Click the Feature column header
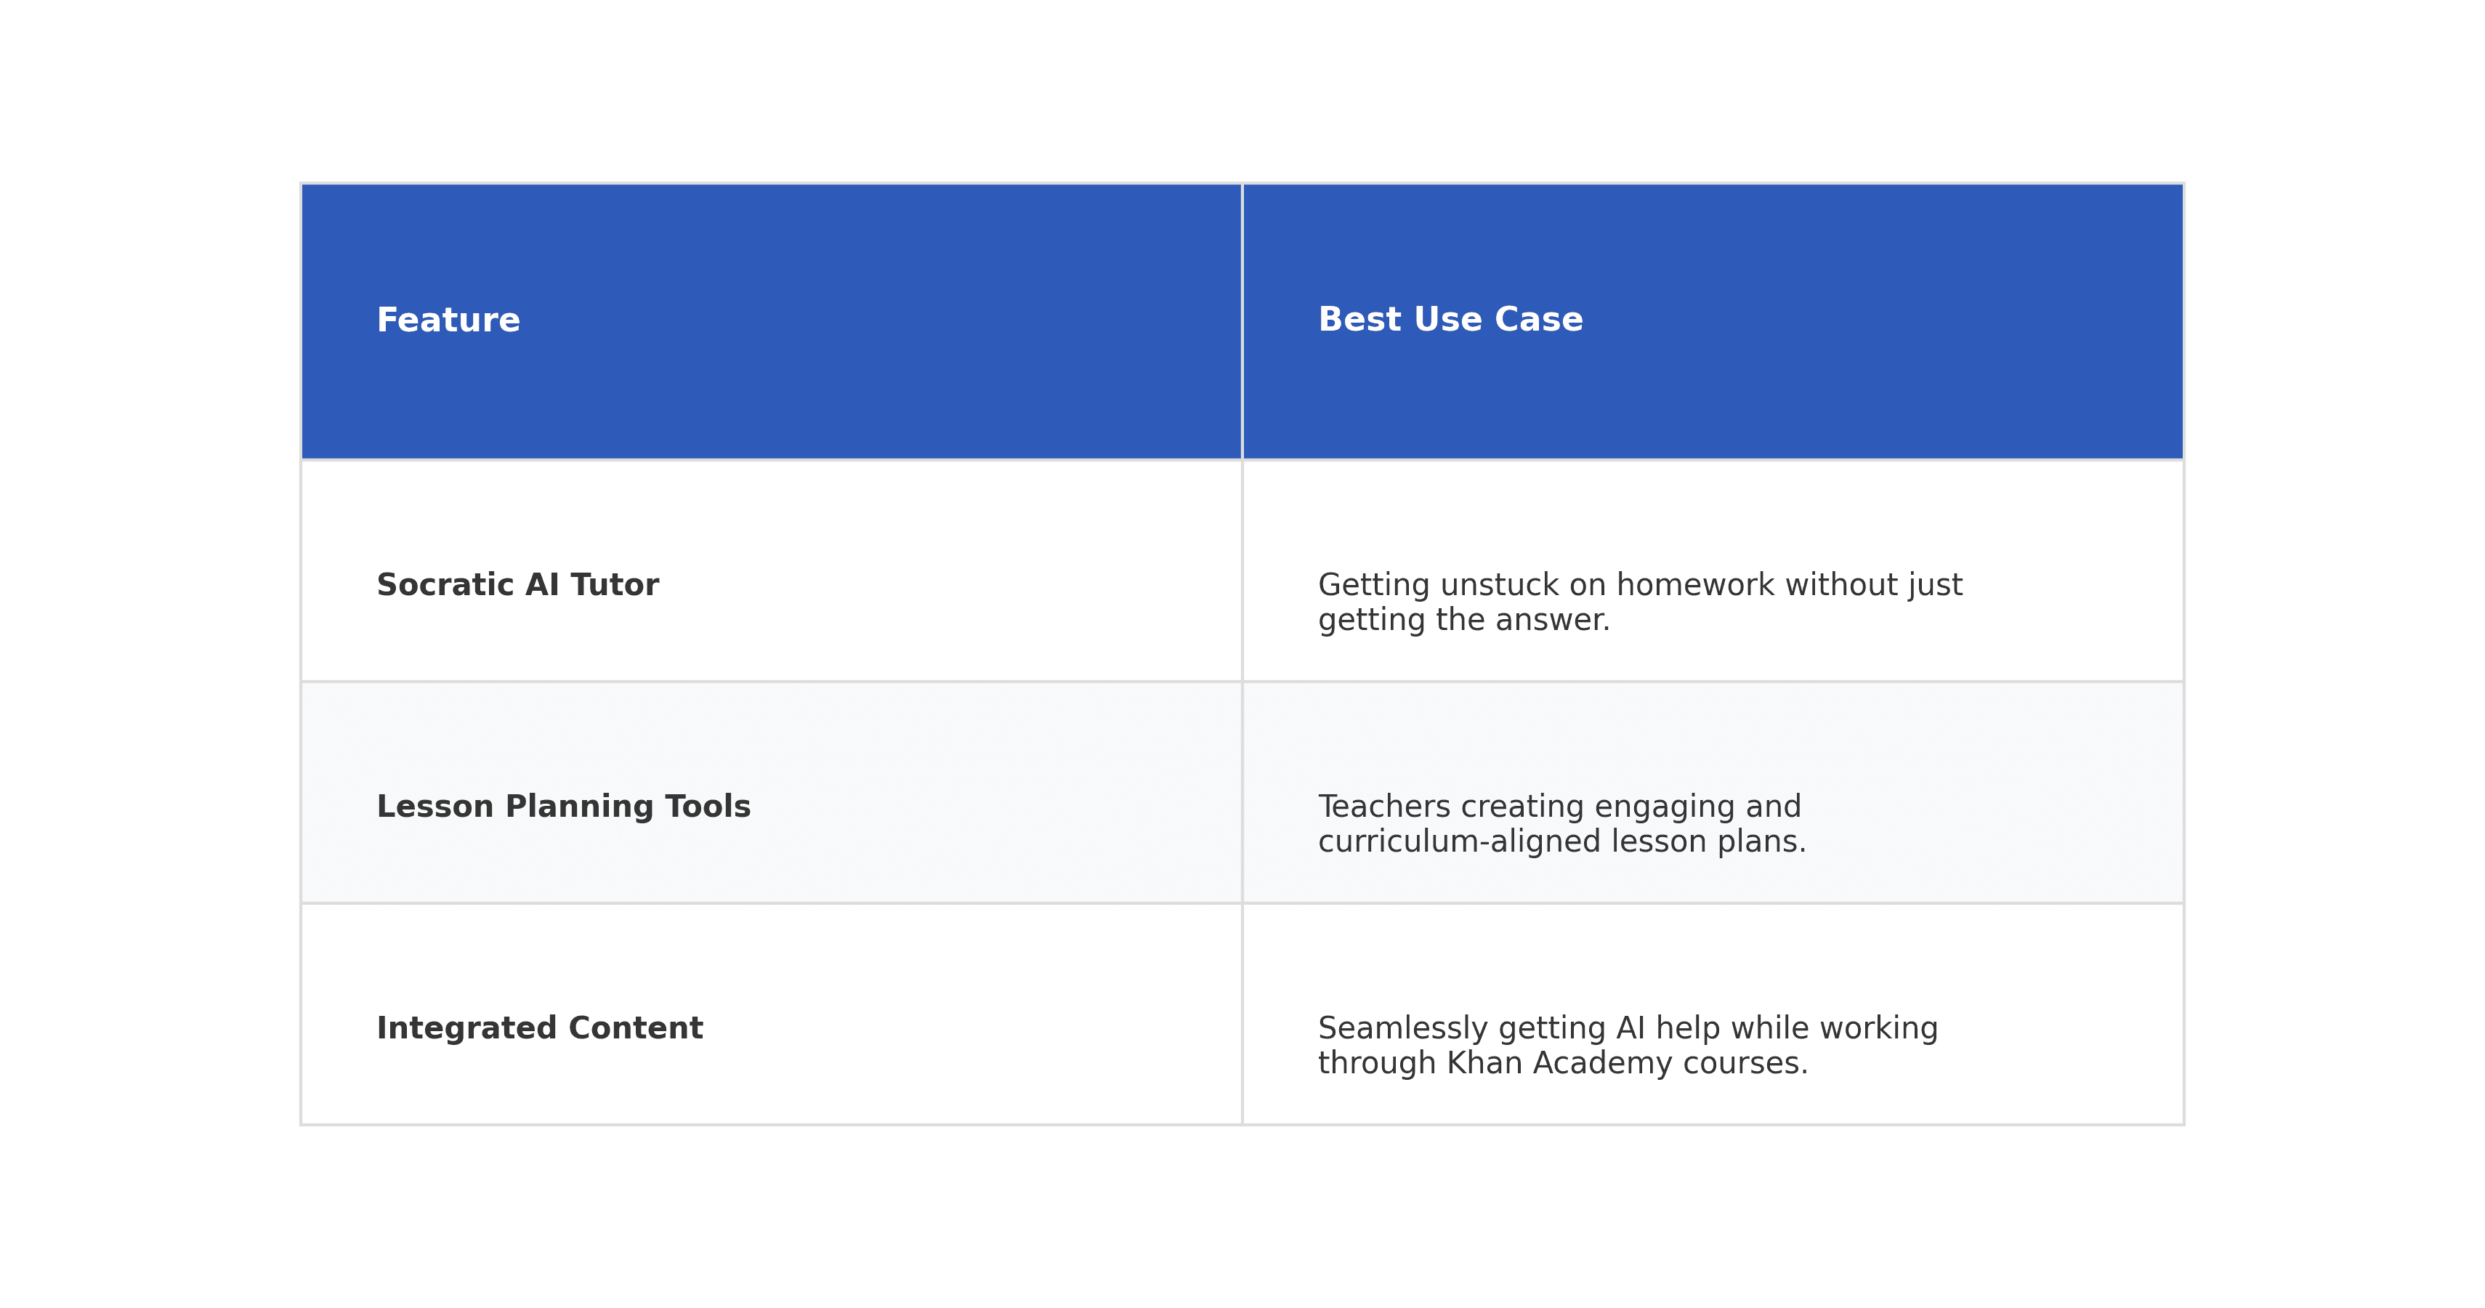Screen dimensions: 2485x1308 448,320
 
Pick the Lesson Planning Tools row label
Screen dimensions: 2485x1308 563,807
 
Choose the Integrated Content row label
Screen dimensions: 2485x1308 539,1028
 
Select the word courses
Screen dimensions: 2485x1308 1745,1063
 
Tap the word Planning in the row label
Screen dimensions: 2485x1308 579,807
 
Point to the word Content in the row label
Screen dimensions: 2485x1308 636,1028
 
